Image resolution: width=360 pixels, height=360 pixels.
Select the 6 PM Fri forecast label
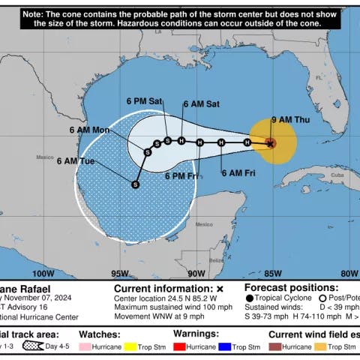pos(182,176)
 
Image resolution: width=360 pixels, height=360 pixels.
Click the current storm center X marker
pos(271,142)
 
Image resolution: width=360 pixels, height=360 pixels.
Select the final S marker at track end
pos(135,184)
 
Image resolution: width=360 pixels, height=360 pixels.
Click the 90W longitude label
pos(196,274)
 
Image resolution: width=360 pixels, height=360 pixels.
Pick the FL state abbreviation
pos(318,76)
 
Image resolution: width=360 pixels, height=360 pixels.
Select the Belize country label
pos(216,259)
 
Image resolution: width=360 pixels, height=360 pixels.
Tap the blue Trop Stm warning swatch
pos(225,348)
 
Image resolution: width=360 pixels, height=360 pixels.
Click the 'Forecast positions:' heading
pos(292,287)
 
